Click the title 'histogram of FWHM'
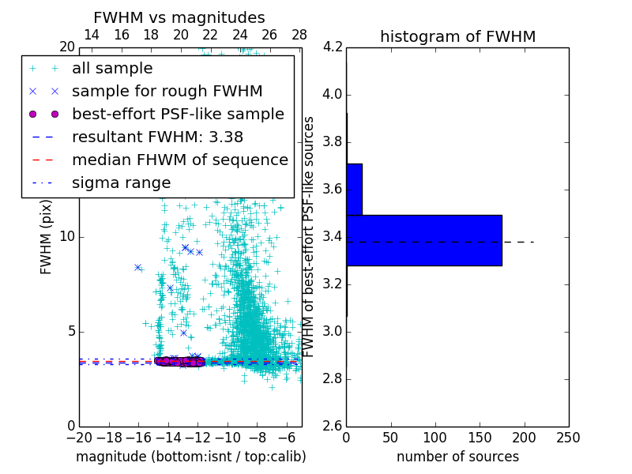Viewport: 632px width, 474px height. point(457,36)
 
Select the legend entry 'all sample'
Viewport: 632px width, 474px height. point(112,69)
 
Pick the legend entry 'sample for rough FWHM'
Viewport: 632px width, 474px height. point(167,92)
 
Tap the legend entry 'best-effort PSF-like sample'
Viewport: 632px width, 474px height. point(178,114)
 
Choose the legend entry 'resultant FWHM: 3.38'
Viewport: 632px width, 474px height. point(157,137)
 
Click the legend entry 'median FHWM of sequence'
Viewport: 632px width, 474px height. point(179,160)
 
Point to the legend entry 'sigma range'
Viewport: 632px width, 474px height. point(121,182)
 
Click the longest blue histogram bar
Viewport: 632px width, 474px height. point(423,240)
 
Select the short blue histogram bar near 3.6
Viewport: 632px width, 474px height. point(354,189)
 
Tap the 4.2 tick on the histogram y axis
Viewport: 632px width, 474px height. point(332,47)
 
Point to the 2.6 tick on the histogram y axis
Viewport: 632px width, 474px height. point(332,426)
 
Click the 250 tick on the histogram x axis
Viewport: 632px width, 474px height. point(568,438)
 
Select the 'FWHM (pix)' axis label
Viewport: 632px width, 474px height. point(46,235)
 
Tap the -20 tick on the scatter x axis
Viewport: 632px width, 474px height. point(79,438)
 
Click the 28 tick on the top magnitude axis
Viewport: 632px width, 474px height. point(299,35)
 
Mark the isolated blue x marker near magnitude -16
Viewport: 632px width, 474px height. point(137,268)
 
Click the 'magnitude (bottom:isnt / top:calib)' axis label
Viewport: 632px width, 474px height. point(190,457)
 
